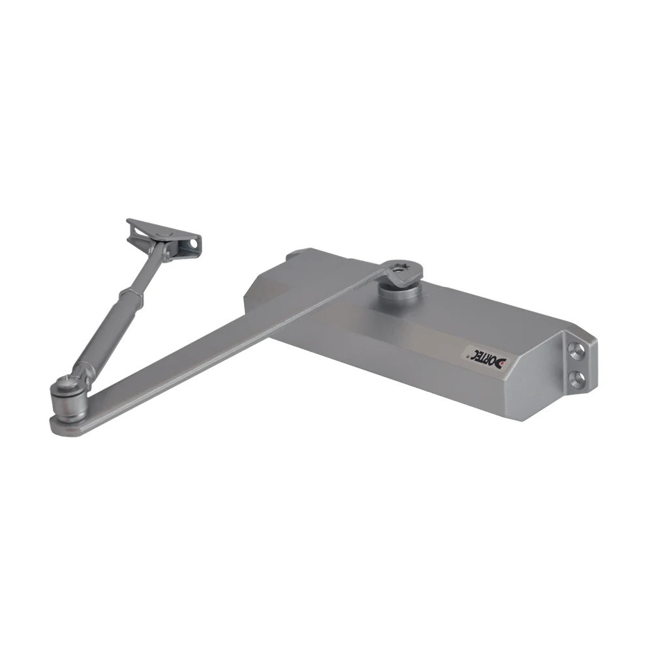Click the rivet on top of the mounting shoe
point(161,232)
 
